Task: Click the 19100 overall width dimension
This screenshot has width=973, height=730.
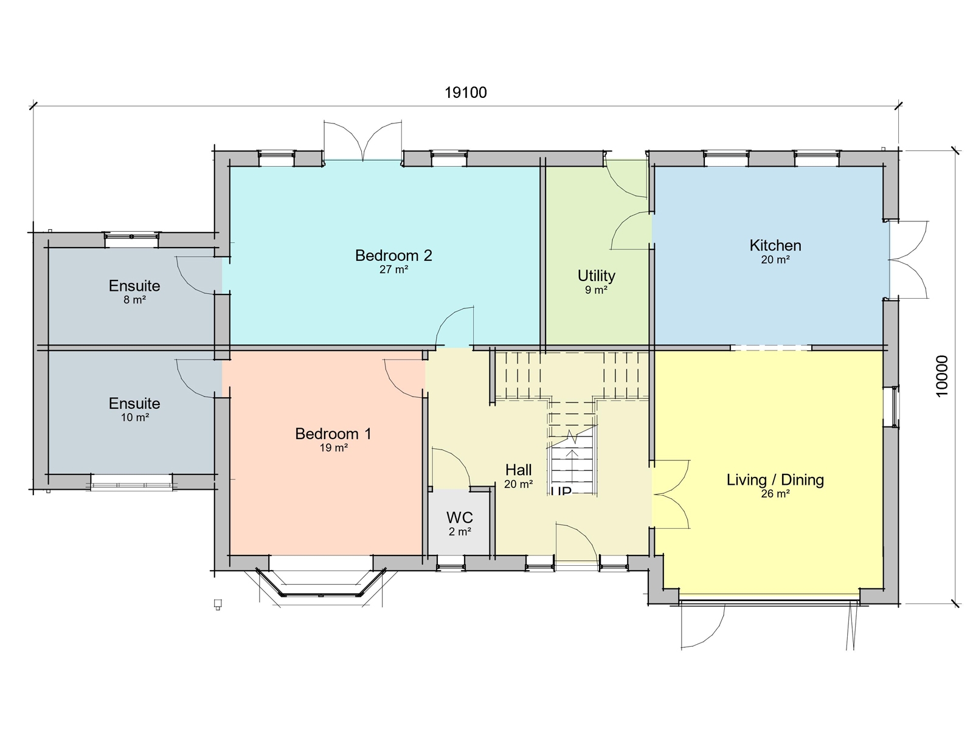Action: pos(466,93)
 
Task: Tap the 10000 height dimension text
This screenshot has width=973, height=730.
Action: pos(941,376)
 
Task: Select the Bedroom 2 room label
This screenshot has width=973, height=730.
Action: pos(393,255)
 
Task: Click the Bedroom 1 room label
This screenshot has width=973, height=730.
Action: pos(333,434)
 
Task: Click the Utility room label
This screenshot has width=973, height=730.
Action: pos(597,276)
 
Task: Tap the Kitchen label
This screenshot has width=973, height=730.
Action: pos(775,245)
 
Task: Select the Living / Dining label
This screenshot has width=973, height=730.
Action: pos(775,479)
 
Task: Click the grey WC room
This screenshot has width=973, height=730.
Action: pos(460,523)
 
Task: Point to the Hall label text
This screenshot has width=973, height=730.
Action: pos(518,470)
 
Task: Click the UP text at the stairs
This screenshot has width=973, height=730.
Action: pos(561,490)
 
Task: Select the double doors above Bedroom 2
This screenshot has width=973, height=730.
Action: pos(362,141)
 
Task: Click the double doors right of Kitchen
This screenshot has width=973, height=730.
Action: pos(909,260)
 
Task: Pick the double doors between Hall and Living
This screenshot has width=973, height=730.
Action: pos(671,494)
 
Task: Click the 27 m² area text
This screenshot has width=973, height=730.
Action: pos(393,269)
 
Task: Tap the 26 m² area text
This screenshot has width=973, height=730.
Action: pos(775,494)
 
